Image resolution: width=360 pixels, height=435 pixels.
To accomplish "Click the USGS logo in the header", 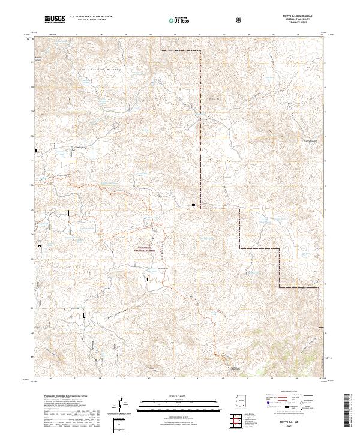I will click(55, 20).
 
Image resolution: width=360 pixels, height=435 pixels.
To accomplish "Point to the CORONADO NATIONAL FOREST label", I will click(141, 252).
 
